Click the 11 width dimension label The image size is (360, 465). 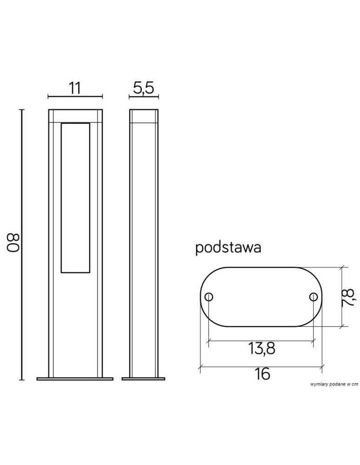(x=75, y=88)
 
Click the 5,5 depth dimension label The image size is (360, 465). (x=144, y=88)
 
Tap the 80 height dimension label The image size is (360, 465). (x=13, y=243)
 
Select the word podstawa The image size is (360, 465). (x=228, y=248)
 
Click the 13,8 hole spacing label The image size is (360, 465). (x=261, y=349)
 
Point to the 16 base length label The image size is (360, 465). (x=262, y=374)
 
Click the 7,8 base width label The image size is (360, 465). (x=348, y=298)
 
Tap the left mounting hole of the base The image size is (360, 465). (x=209, y=297)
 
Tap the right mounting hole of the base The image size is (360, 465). (x=313, y=297)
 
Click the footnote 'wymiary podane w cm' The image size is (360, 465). (x=334, y=385)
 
